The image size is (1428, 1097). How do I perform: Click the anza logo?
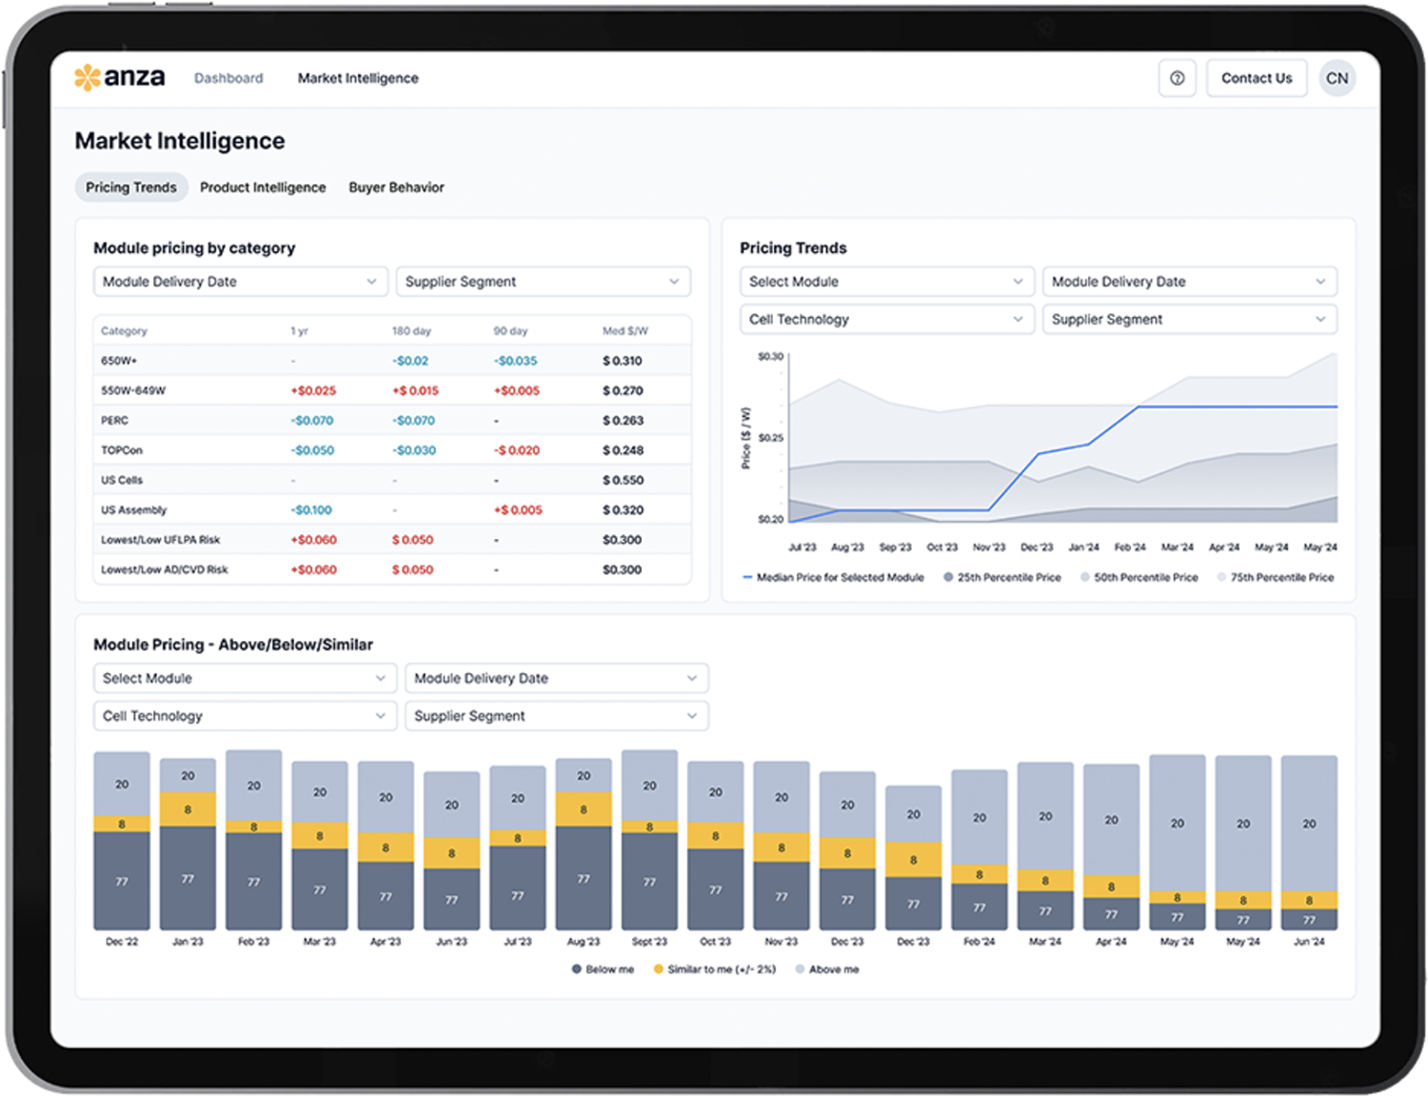(x=120, y=77)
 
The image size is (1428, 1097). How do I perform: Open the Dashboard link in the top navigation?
(x=228, y=78)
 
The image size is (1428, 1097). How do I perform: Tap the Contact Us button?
(x=1256, y=78)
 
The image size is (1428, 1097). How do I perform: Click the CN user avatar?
(x=1337, y=78)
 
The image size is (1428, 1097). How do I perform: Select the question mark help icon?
(x=1177, y=78)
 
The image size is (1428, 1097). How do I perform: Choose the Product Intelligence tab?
(x=263, y=188)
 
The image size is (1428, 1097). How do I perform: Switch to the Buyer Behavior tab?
(x=396, y=188)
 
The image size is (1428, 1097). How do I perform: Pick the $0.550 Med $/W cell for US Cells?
(x=623, y=480)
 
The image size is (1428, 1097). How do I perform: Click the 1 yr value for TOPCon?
(x=313, y=450)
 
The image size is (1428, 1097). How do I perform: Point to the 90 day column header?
(x=510, y=331)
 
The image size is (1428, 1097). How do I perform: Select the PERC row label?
(x=115, y=420)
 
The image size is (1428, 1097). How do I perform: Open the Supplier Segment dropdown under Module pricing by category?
(x=543, y=282)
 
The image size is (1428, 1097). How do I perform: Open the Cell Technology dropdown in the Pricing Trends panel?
(x=886, y=319)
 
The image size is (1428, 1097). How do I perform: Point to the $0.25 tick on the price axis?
(x=770, y=438)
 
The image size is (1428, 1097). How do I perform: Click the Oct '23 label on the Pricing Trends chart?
(x=942, y=548)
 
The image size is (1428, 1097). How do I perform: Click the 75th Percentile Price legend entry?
(x=1280, y=577)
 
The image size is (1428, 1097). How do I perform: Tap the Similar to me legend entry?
(x=721, y=969)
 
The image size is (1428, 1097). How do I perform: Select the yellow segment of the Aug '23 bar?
(x=584, y=809)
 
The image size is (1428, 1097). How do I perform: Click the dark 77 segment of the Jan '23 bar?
(x=188, y=878)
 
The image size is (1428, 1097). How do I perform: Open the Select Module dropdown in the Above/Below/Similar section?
(x=244, y=678)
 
